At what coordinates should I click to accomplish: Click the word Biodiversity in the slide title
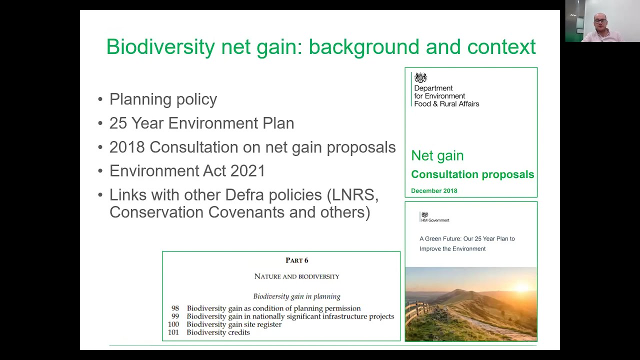pos(160,47)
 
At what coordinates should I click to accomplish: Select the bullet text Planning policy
pos(163,99)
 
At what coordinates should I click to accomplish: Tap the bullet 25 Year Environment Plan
pos(201,123)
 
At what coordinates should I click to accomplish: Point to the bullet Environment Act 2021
pos(187,171)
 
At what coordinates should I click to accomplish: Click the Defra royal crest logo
pos(420,77)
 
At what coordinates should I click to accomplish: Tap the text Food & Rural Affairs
pos(446,104)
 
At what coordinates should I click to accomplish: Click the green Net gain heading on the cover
pos(437,155)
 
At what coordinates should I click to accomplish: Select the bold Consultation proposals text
pos(472,174)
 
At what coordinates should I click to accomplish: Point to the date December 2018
pos(434,190)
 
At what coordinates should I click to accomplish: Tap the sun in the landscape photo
pos(521,286)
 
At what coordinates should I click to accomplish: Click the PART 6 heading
pos(296,260)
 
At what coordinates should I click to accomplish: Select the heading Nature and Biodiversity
pos(296,276)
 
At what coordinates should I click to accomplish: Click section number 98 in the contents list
pos(175,308)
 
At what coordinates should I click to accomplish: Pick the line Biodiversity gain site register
pos(234,324)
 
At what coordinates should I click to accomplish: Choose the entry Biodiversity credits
pos(218,332)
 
